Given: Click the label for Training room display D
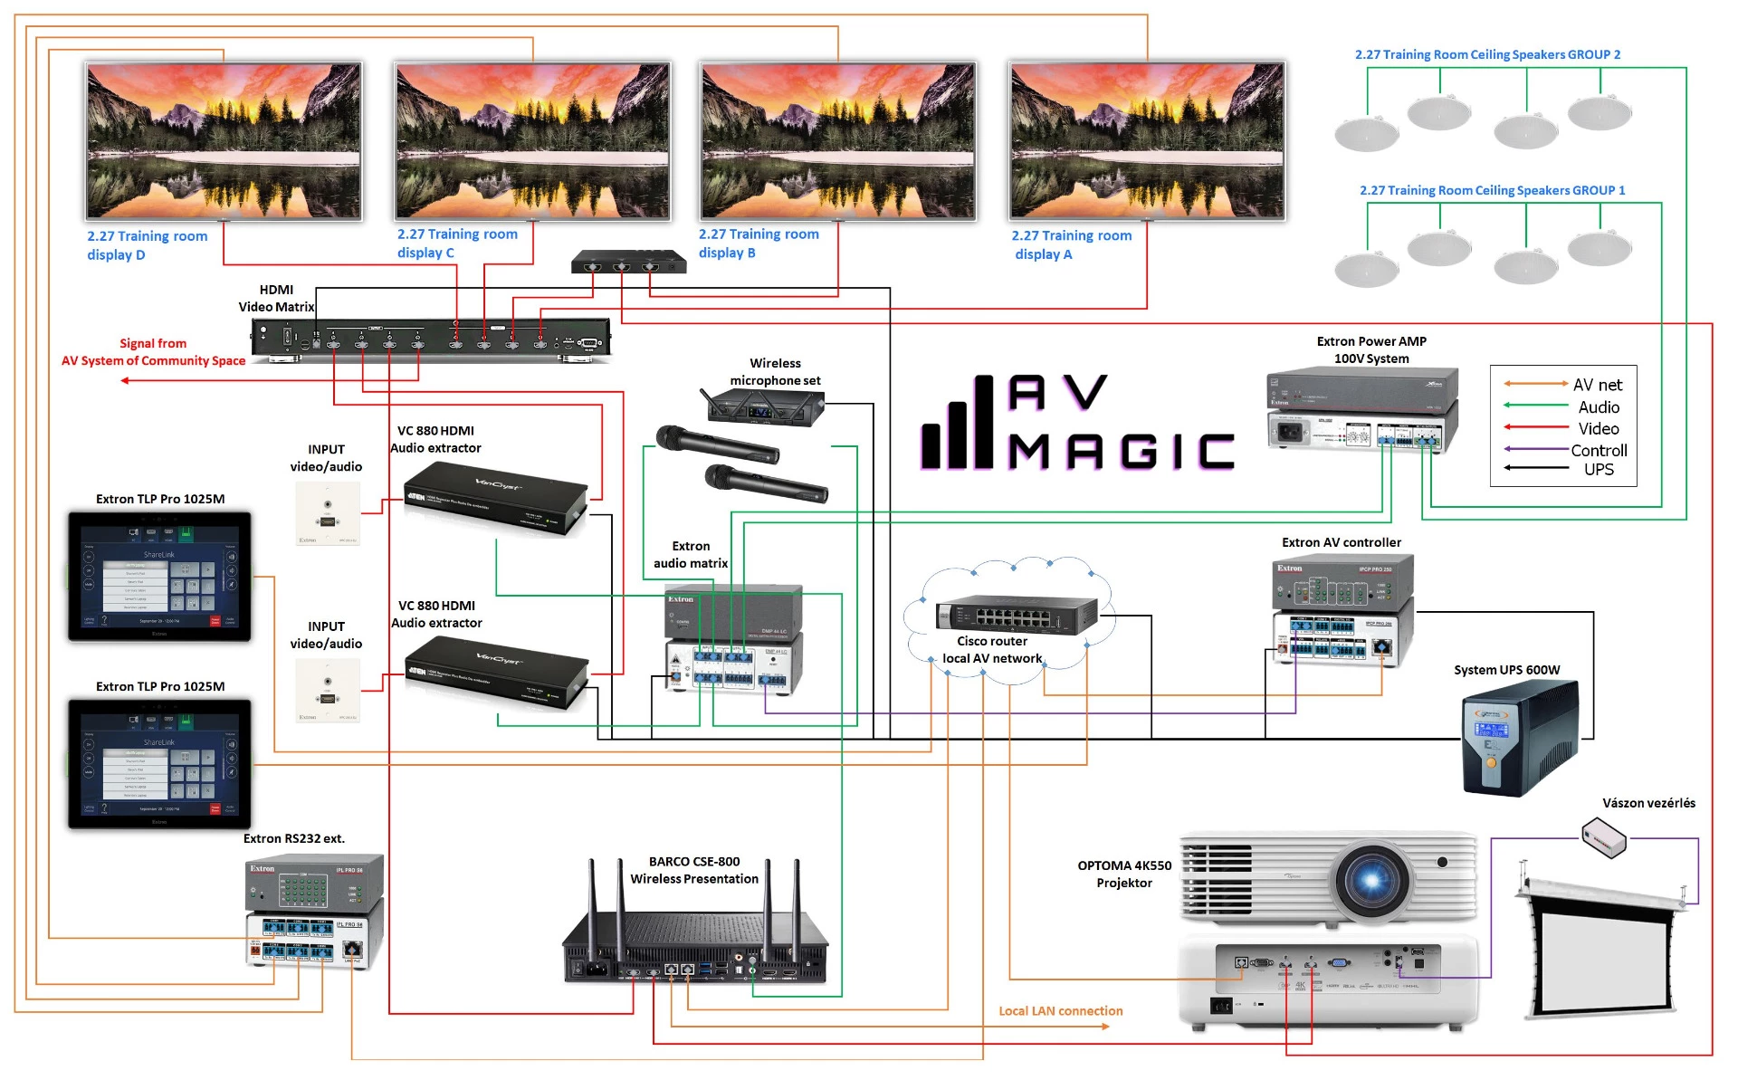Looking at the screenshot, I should pyautogui.click(x=147, y=245).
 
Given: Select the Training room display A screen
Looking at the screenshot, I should pyautogui.click(x=1147, y=140).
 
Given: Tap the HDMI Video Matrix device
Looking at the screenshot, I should pyautogui.click(x=431, y=339).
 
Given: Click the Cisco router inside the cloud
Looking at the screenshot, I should pyautogui.click(x=1017, y=616).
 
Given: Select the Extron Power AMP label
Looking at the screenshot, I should pyautogui.click(x=1370, y=349).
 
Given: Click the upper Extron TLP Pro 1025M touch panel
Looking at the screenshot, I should pyautogui.click(x=159, y=577).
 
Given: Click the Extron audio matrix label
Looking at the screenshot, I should pyautogui.click(x=690, y=555).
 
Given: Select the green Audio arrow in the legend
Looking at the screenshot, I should pyautogui.click(x=1535, y=406).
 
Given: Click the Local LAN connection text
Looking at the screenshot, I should pyautogui.click(x=1060, y=1011).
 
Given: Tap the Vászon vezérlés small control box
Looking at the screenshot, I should pyautogui.click(x=1603, y=836).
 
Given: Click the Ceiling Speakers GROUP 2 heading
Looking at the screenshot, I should pyautogui.click(x=1487, y=54).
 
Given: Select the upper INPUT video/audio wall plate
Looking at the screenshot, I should pyautogui.click(x=327, y=513).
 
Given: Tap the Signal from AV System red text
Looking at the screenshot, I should pyautogui.click(x=153, y=352).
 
